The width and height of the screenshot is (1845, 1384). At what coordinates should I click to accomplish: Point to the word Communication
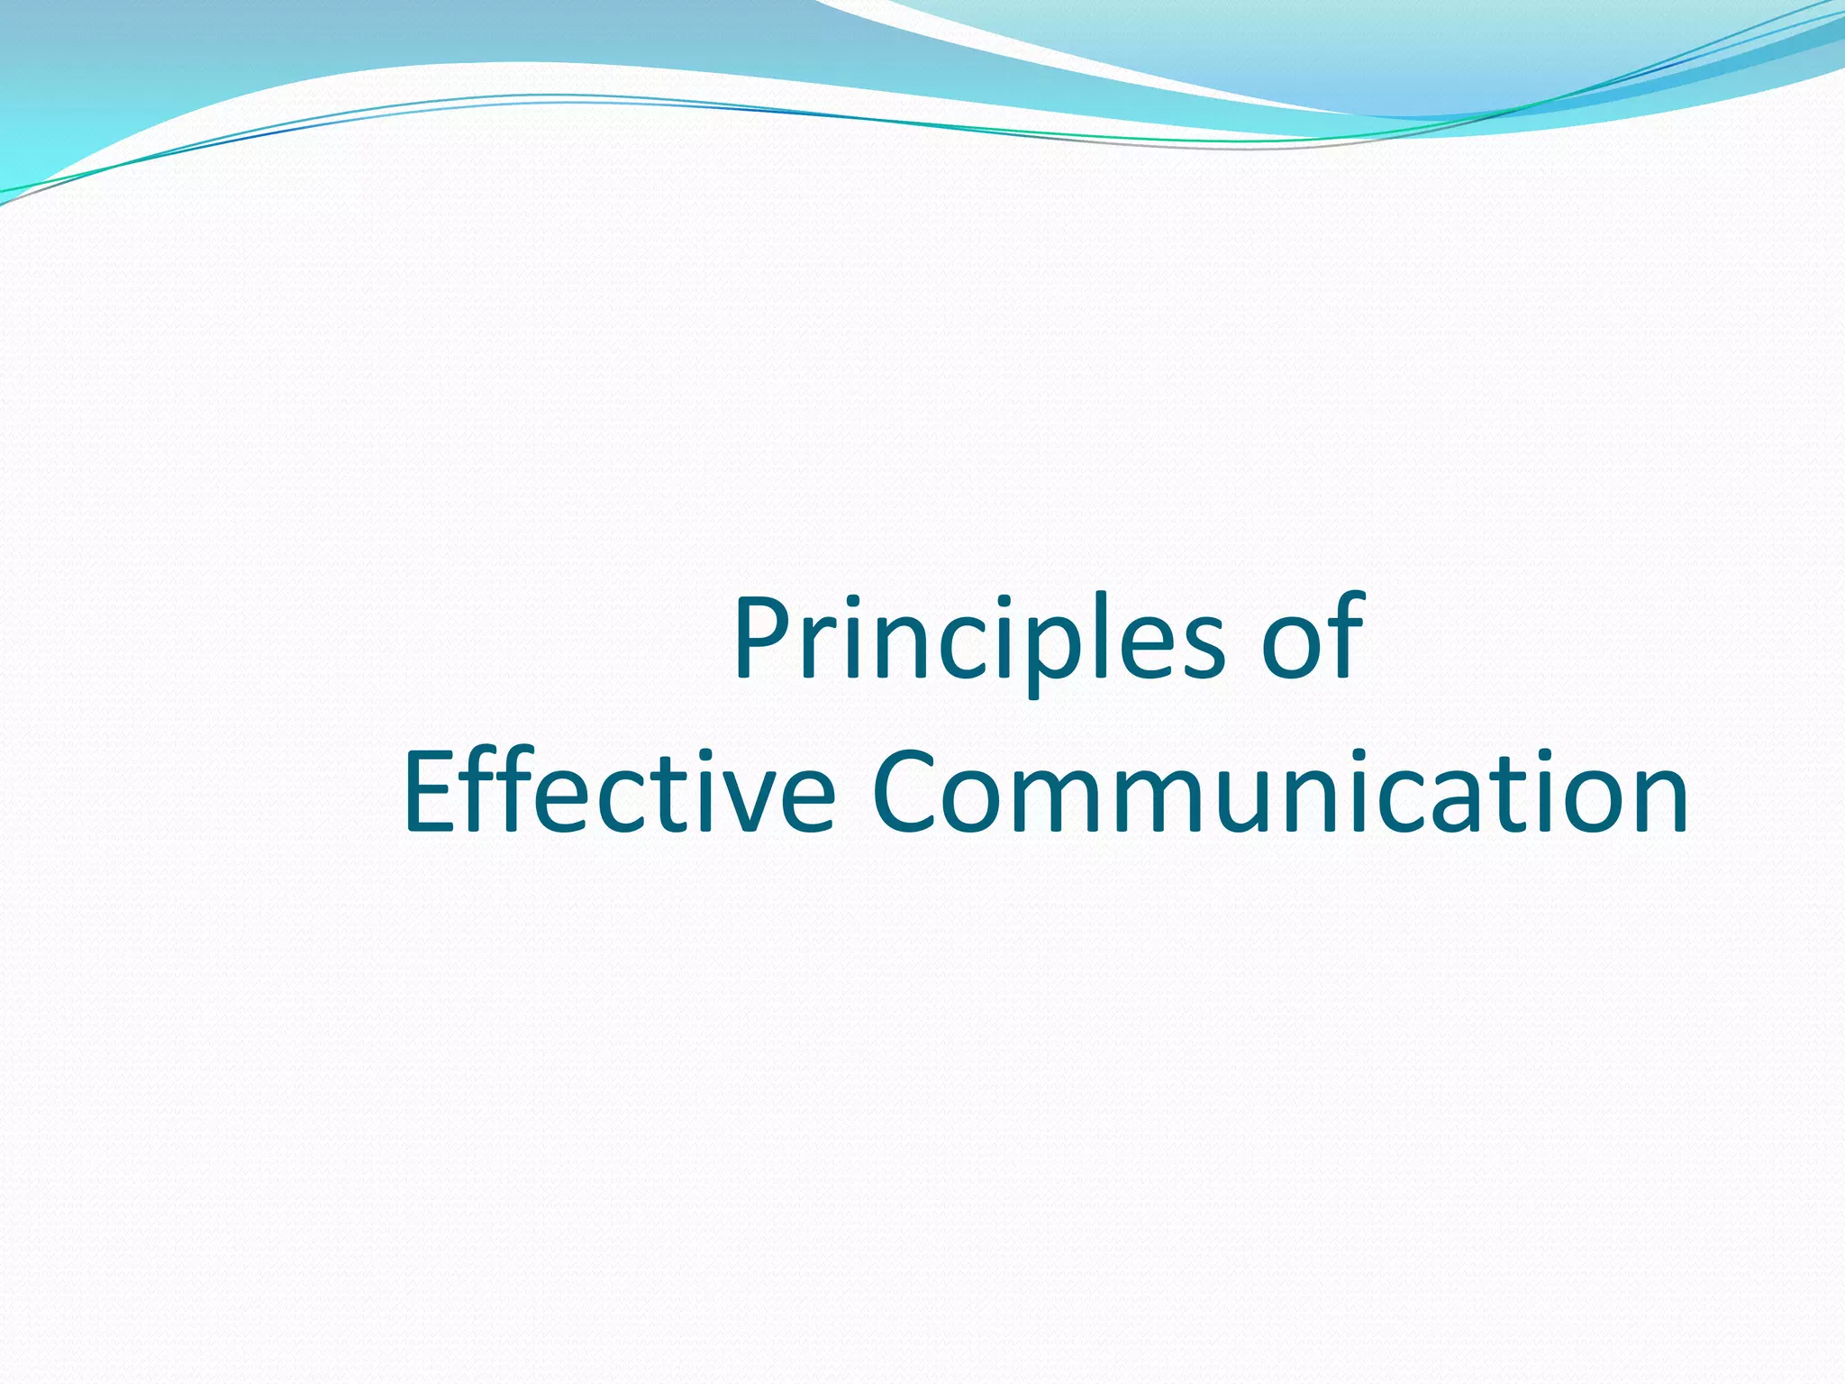(1279, 793)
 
